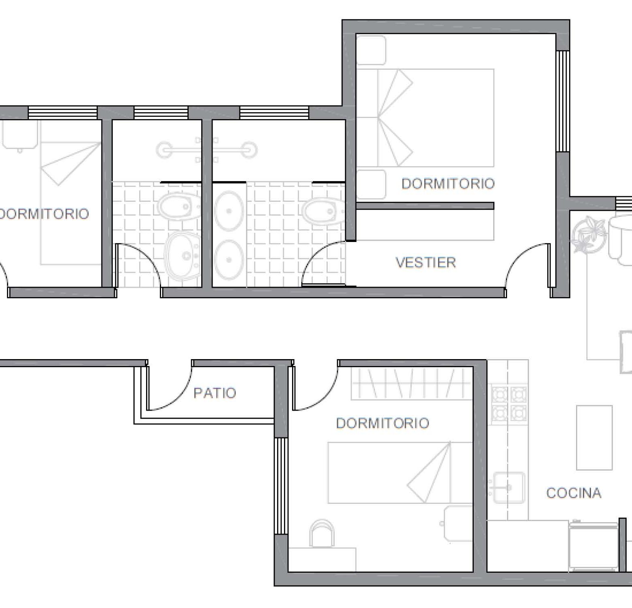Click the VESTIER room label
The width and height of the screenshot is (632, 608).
click(426, 263)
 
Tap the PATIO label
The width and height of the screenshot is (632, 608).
click(215, 393)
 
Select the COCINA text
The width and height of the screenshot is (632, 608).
click(574, 493)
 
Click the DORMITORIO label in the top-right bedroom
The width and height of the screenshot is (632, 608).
click(448, 184)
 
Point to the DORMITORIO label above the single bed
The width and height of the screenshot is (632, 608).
click(383, 423)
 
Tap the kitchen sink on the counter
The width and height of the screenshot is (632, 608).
click(508, 488)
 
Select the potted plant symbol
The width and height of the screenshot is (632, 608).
click(587, 234)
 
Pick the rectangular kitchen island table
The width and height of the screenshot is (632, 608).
click(594, 437)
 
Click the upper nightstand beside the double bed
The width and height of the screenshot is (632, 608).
click(371, 50)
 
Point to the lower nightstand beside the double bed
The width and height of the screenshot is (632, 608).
click(371, 184)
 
